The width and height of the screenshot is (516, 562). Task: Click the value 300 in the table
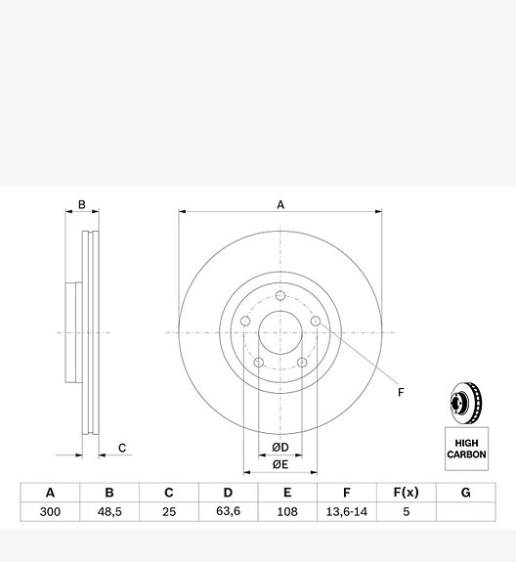click(50, 512)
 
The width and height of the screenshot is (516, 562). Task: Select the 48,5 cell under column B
click(109, 512)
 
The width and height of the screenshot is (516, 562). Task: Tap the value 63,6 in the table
click(228, 512)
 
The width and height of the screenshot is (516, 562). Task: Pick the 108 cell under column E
click(287, 512)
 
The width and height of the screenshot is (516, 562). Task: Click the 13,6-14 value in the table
click(347, 512)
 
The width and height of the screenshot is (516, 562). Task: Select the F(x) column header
click(406, 493)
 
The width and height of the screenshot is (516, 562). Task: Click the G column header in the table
click(465, 493)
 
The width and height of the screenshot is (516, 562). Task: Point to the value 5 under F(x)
click(406, 512)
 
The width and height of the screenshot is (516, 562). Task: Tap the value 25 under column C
click(169, 512)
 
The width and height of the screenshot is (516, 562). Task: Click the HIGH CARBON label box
click(466, 448)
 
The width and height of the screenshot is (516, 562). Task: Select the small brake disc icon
click(466, 403)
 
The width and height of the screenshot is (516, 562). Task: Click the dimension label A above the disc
click(280, 204)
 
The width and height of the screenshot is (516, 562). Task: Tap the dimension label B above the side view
click(82, 205)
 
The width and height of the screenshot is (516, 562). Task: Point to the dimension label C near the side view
click(122, 449)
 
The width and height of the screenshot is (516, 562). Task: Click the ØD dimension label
click(279, 448)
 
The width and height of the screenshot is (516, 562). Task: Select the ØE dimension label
click(279, 464)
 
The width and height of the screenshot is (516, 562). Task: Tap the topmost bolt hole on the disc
click(280, 296)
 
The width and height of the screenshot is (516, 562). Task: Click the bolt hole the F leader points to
click(316, 322)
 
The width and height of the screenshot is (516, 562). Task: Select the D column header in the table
click(228, 493)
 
